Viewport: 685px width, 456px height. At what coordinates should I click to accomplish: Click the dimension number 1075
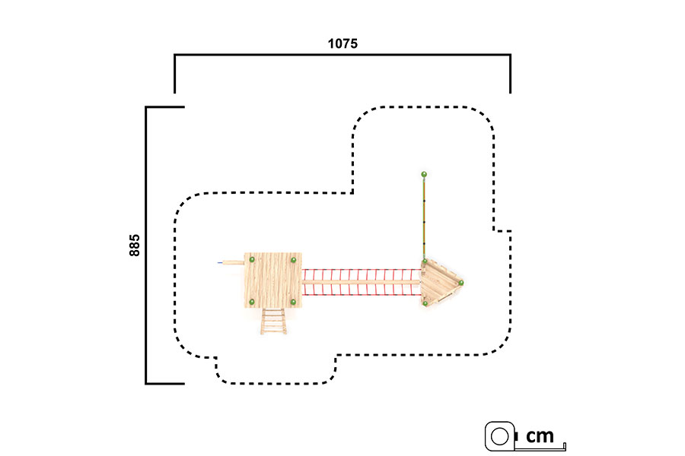(x=342, y=43)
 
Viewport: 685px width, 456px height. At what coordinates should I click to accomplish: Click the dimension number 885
(x=135, y=245)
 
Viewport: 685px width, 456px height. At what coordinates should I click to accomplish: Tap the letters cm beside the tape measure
(x=540, y=435)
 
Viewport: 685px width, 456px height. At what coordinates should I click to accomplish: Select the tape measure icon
(x=501, y=436)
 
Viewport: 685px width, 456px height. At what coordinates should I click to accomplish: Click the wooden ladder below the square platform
(x=273, y=321)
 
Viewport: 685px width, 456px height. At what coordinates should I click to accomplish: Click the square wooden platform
(x=272, y=280)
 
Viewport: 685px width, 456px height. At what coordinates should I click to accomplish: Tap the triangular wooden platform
(x=441, y=283)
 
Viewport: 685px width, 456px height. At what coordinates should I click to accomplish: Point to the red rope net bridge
(x=362, y=282)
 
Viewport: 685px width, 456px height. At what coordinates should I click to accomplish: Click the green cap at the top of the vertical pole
(x=424, y=175)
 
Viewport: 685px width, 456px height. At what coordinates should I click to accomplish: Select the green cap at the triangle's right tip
(x=461, y=283)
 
